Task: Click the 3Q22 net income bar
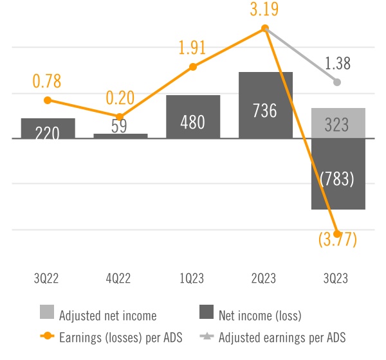(48, 129)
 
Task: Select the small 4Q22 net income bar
(120, 136)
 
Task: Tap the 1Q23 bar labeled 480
(193, 117)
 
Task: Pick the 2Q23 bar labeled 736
(265, 105)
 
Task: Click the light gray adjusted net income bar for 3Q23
(338, 123)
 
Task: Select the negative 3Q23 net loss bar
(338, 174)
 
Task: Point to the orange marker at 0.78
(48, 100)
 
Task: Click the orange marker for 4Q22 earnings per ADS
(120, 116)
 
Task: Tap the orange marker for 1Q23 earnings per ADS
(193, 66)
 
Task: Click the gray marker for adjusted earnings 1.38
(338, 82)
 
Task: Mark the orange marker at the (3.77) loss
(338, 234)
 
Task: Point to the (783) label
(338, 179)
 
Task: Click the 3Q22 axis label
(48, 278)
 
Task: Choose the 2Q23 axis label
(265, 278)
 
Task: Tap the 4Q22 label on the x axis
(120, 278)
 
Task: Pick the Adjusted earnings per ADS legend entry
(277, 337)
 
